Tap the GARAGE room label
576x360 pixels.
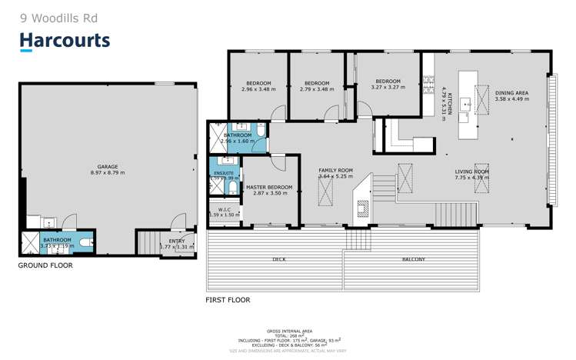[x=107, y=165]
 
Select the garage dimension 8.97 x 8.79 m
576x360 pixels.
[x=107, y=172]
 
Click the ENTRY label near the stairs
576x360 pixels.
[x=177, y=241]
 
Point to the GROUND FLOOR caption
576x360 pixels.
[x=45, y=265]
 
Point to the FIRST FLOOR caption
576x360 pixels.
[x=228, y=299]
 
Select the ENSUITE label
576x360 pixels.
[x=223, y=174]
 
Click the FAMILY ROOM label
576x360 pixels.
[x=335, y=170]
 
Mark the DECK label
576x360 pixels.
[x=279, y=259]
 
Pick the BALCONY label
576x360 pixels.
[x=413, y=259]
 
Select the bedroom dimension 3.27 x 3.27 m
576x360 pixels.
[x=387, y=88]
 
